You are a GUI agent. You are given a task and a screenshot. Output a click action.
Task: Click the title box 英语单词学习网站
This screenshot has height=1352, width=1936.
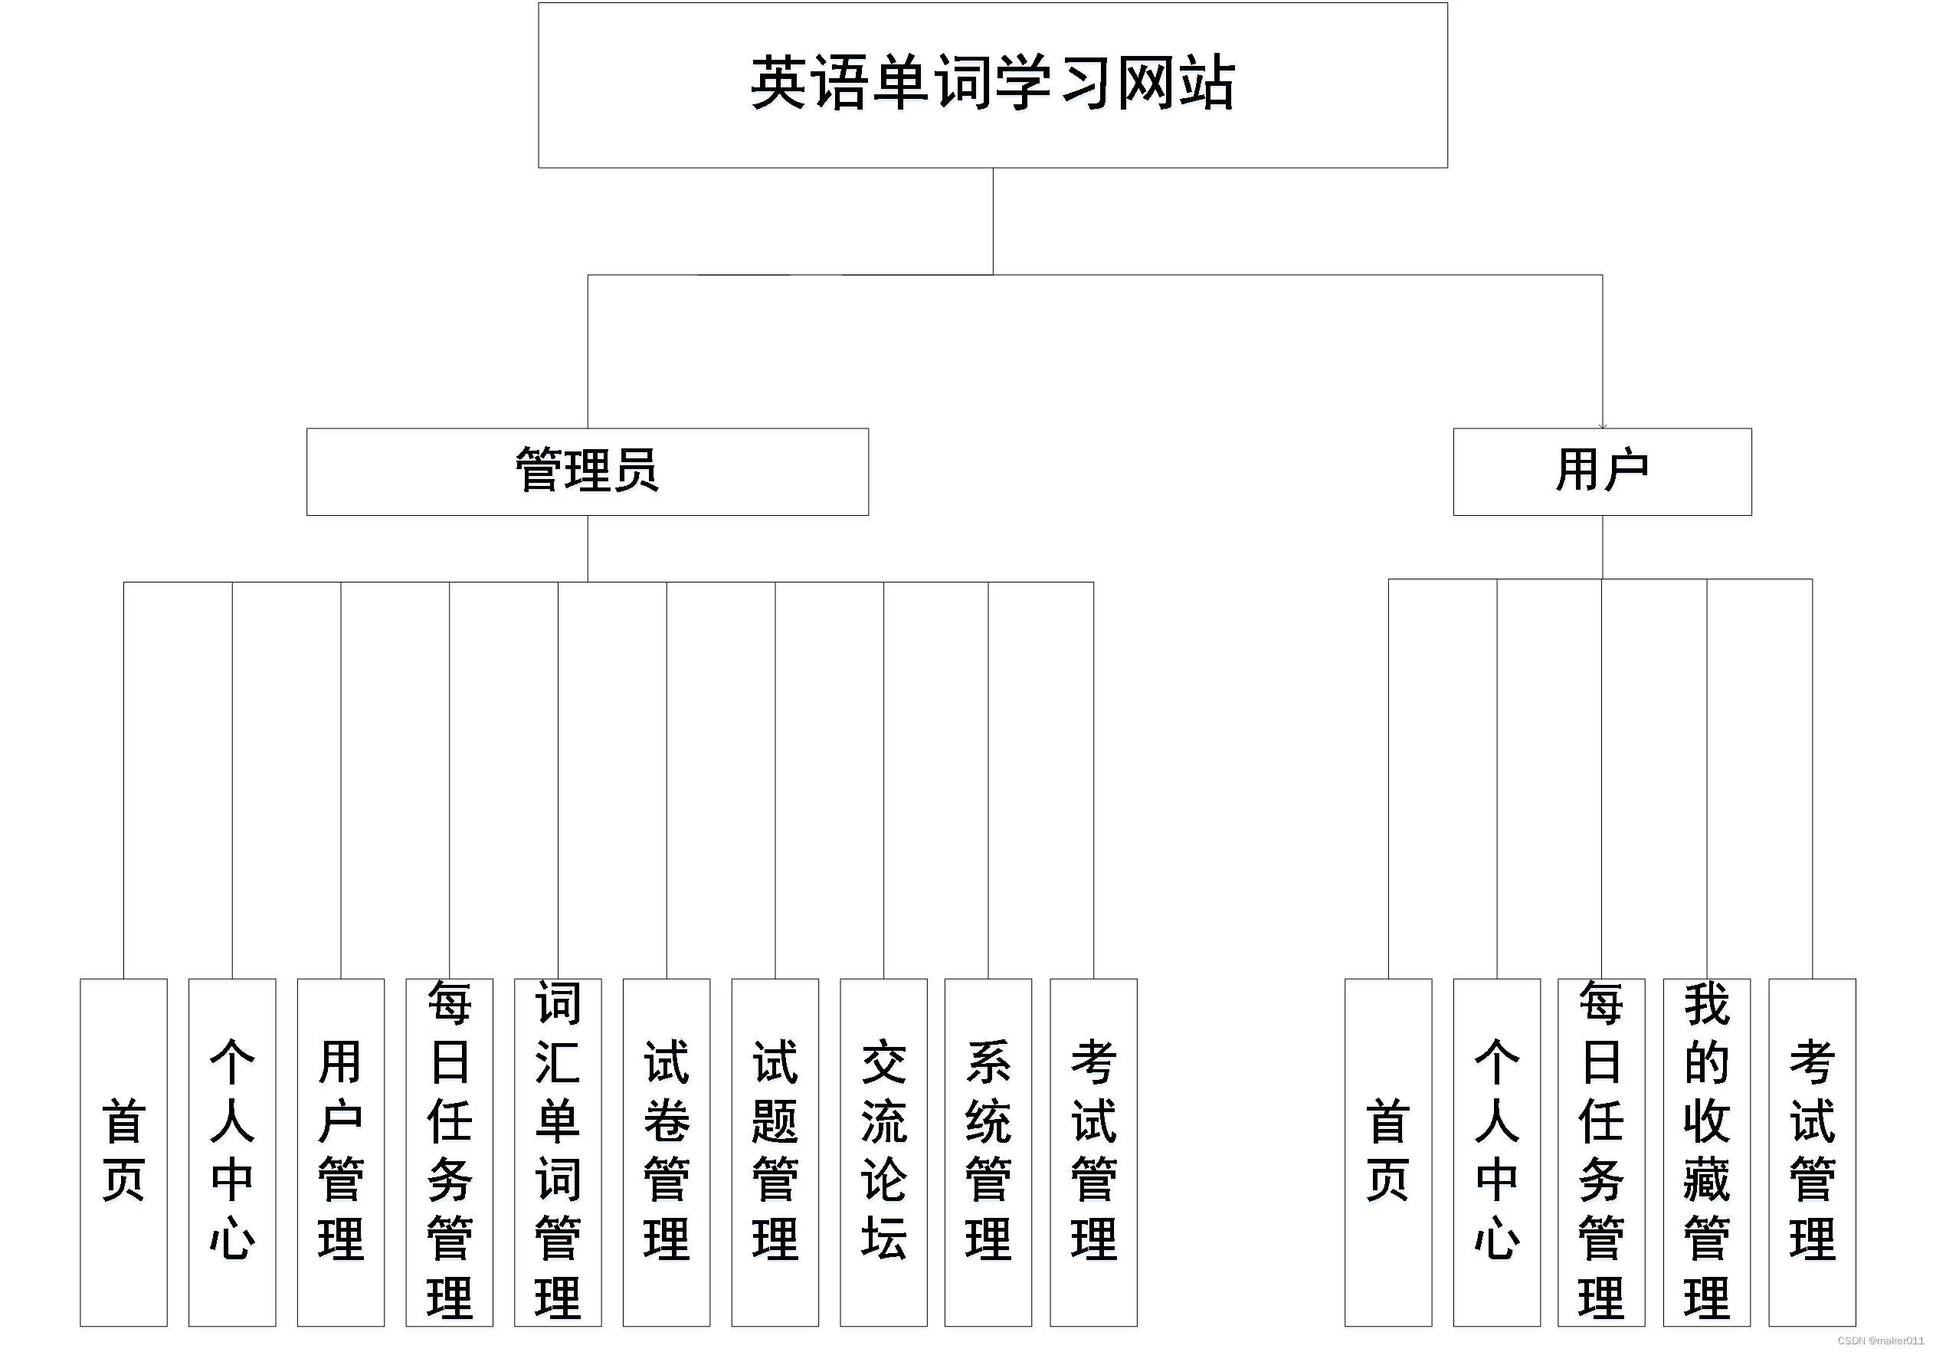coord(992,85)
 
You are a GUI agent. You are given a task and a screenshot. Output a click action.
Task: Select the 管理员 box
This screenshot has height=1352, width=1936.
coord(587,471)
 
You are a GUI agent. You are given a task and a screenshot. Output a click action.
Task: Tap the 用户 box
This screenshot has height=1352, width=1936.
coord(1602,471)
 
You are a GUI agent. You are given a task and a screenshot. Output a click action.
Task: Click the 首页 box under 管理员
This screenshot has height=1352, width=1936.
coord(123,1151)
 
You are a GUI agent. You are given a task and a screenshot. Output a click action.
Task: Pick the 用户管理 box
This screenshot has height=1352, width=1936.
coord(341,1151)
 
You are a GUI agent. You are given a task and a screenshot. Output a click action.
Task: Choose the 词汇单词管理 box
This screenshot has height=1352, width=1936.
coord(558,1151)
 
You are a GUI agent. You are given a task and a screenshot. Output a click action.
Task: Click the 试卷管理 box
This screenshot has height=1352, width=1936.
coord(666,1151)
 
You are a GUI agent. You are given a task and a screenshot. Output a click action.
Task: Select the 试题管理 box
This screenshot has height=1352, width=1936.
coord(775,1151)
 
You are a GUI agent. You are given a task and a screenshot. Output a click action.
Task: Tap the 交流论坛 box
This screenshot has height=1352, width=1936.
coord(883,1151)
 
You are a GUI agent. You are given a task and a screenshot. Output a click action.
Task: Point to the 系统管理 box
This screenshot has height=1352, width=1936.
coord(988,1151)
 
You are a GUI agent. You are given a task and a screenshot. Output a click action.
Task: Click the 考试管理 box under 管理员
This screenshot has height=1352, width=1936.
coord(1092,1151)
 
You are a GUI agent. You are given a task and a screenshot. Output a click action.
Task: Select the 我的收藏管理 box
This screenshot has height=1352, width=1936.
coord(1707,1151)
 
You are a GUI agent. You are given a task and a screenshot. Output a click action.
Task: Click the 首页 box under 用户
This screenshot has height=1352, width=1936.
coord(1388,1151)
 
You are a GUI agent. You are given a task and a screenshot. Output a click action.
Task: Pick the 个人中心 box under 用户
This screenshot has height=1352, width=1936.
coord(1497,1151)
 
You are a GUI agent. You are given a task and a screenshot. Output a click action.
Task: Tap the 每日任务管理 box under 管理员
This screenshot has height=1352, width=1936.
coord(449,1151)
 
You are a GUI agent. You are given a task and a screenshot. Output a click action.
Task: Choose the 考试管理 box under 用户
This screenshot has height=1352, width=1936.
coord(1812,1151)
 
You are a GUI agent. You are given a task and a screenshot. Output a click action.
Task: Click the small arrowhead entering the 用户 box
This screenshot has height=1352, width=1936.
coord(1602,426)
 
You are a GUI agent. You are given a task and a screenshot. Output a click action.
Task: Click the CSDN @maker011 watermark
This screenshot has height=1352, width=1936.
coord(1880,1341)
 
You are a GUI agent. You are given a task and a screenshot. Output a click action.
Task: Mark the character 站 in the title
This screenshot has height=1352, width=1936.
coord(1207,84)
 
